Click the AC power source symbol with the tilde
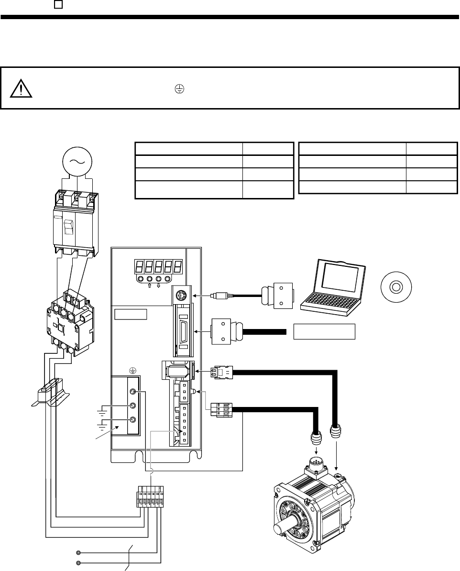pyautogui.click(x=77, y=161)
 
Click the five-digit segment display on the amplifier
pyautogui.click(x=157, y=266)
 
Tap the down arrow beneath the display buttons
pyautogui.click(x=158, y=286)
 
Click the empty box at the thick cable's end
pyautogui.click(x=324, y=330)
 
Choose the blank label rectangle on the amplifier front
pyautogui.click(x=130, y=315)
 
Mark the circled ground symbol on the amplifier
pyautogui.click(x=132, y=370)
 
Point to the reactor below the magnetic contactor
pyautogui.click(x=51, y=393)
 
